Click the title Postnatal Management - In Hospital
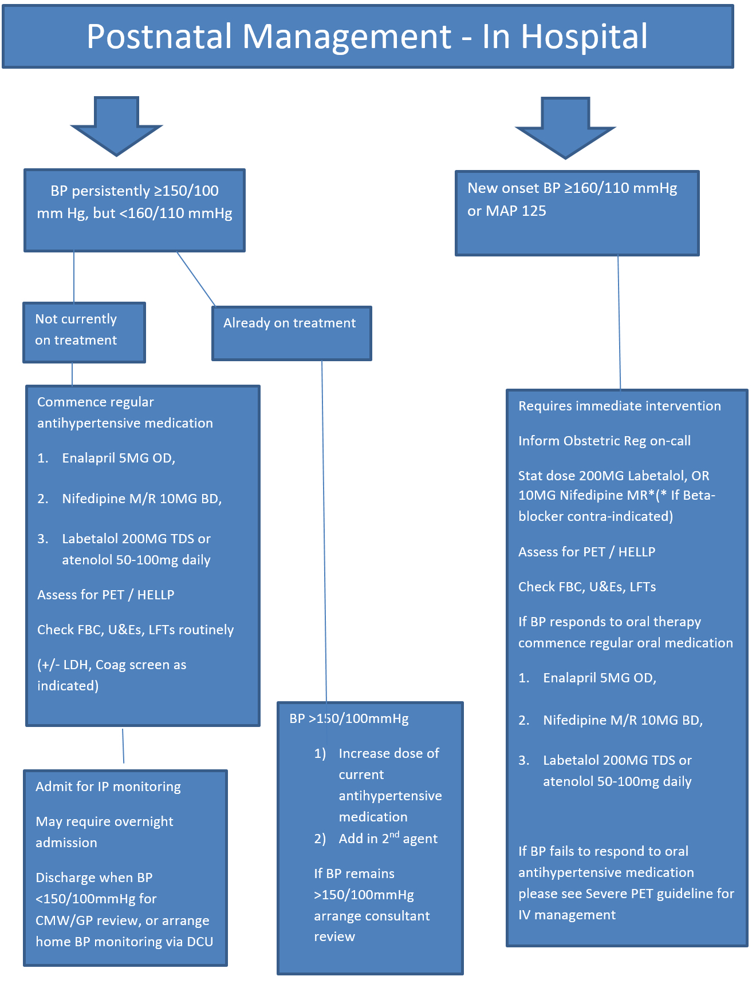[367, 37]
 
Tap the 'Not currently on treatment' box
[84, 332]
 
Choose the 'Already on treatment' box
[292, 333]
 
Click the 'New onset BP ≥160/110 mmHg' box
[576, 212]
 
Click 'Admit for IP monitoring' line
[108, 787]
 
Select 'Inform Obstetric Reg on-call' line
[604, 441]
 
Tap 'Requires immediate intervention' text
[619, 406]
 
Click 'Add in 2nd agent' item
[388, 839]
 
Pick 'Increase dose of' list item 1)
[388, 753]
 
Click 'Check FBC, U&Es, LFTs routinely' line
[135, 630]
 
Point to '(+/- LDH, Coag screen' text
[112, 665]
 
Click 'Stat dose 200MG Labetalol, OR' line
[613, 476]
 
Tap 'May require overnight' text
[104, 821]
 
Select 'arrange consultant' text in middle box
[372, 916]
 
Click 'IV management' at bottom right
[566, 915]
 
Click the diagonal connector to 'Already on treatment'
[196, 279]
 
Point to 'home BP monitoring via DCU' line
[124, 942]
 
